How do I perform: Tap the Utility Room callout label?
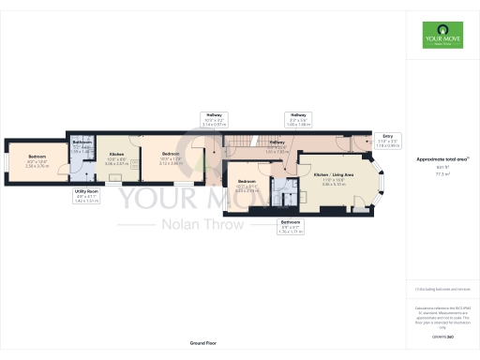point(87,196)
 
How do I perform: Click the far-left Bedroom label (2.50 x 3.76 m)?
point(37,161)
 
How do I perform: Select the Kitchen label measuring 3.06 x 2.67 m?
point(116,159)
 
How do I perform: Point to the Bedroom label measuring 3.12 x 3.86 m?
point(170,159)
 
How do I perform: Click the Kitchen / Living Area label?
point(334,178)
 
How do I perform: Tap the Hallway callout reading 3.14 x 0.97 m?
point(215,120)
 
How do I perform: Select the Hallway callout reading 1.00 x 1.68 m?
point(299,119)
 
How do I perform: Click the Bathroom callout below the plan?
point(290,225)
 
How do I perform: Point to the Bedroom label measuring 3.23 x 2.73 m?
point(247,187)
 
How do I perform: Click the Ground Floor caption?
point(202,344)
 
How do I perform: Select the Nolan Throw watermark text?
point(178,224)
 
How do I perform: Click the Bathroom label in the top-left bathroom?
point(82,145)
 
